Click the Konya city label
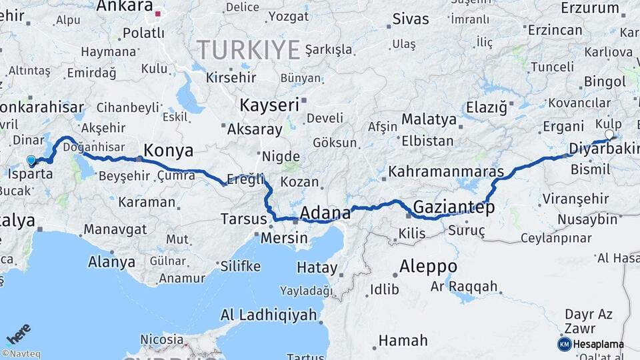[168, 150]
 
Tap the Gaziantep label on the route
[454, 207]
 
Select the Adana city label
[325, 213]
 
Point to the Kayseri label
[269, 105]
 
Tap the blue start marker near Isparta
[31, 160]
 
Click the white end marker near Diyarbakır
[609, 135]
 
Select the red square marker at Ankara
[158, 13]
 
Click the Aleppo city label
[428, 267]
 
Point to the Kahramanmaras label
[445, 172]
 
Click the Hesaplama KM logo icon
[564, 344]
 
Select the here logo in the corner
[19, 332]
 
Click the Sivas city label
[411, 19]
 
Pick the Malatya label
[429, 120]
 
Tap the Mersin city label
[284, 237]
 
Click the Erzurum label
[590, 8]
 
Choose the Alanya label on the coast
[111, 261]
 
